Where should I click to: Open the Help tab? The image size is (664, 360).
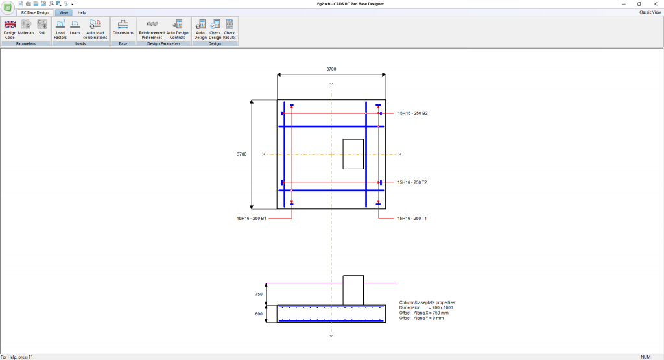pos(82,12)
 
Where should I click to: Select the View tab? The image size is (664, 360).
pos(64,12)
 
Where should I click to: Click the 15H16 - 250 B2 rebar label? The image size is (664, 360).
pos(412,114)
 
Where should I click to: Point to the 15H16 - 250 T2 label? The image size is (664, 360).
pos(412,182)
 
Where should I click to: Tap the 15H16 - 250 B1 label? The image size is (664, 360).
pos(252,219)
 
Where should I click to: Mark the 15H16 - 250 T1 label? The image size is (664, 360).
pos(412,219)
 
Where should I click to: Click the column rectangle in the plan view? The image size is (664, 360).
pos(353,154)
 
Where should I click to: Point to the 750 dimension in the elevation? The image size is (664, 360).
pos(259,294)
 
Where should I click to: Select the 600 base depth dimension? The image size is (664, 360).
pos(259,314)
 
